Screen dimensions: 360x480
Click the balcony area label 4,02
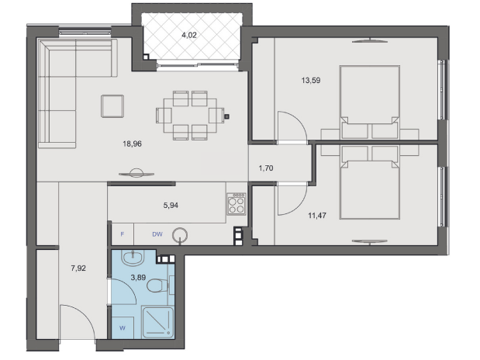[x=189, y=34]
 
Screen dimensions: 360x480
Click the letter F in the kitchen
[x=122, y=233]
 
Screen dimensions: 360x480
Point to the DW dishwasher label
[x=157, y=233]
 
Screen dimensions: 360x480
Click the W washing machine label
[x=123, y=327]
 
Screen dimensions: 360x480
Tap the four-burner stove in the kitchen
[x=236, y=205]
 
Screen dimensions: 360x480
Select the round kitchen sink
[x=181, y=234]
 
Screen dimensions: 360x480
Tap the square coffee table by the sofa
[x=112, y=106]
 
